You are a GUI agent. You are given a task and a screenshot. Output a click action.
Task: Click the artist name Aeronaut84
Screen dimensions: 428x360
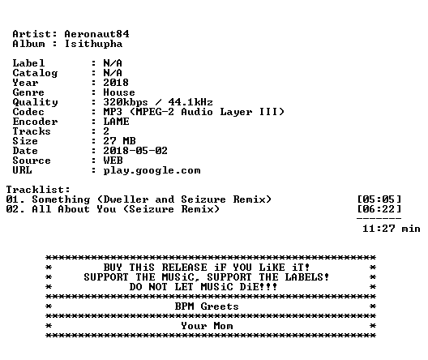click(96, 34)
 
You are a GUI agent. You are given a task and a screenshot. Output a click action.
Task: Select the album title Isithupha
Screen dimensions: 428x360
click(93, 44)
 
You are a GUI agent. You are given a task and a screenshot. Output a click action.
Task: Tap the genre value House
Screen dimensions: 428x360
click(119, 92)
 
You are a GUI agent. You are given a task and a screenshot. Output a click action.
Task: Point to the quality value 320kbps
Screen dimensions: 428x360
click(126, 102)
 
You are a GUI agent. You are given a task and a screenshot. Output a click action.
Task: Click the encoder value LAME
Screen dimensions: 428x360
click(116, 122)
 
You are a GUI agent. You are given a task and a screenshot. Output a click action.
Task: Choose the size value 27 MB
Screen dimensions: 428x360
click(119, 141)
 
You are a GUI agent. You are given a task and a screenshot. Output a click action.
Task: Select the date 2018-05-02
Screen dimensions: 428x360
click(135, 151)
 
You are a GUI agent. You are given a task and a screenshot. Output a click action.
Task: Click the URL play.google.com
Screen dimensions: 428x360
click(152, 171)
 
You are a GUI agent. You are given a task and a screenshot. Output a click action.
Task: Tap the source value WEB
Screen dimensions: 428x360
click(113, 161)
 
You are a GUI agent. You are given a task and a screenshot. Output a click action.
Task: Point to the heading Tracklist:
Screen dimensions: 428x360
click(38, 190)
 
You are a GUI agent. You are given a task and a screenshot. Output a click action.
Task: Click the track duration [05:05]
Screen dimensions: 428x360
click(379, 199)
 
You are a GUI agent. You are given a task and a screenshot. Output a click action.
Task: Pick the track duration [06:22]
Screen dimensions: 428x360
click(379, 209)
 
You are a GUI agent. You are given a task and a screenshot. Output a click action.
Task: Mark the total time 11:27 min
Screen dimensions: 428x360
click(392, 229)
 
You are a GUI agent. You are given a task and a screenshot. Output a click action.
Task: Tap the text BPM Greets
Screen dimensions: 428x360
click(207, 306)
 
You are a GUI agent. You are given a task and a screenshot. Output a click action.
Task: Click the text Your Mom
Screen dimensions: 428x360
click(207, 326)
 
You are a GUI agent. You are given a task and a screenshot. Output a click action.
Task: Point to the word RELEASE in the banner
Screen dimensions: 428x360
click(185, 268)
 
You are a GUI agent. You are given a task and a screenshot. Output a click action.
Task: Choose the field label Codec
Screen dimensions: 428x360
click(28, 112)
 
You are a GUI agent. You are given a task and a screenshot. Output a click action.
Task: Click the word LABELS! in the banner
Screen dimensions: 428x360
click(306, 277)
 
